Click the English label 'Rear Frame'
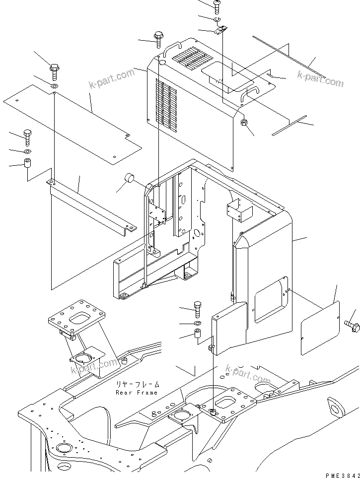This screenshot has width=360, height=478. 136,393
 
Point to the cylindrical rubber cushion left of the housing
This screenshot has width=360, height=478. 130,178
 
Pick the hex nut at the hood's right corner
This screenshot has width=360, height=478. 244,123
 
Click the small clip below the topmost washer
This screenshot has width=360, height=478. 221,30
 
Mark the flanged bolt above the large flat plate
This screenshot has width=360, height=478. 54,71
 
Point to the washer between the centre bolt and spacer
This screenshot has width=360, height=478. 198,324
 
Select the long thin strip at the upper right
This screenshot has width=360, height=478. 288,57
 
